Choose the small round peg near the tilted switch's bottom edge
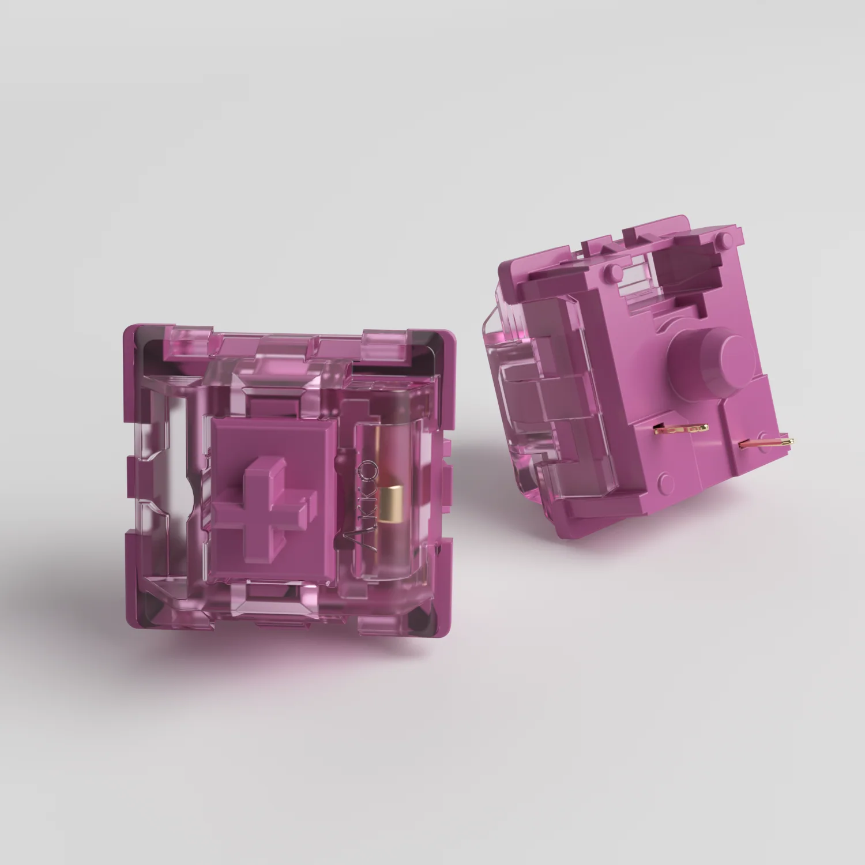(x=663, y=478)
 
